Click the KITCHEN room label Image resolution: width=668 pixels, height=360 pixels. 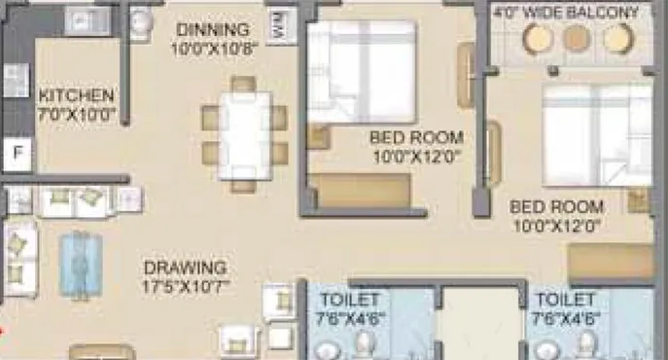[x=77, y=96]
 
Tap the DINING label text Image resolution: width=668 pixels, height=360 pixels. [x=213, y=29]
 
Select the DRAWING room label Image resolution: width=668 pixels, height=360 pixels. [x=185, y=267]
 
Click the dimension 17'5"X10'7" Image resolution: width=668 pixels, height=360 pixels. [x=185, y=286]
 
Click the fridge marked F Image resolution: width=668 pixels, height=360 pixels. [x=17, y=152]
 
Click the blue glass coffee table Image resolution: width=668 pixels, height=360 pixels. [x=78, y=263]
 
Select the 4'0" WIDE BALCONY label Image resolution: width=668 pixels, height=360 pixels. [x=567, y=13]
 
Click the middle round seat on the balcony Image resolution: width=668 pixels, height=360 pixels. [x=577, y=39]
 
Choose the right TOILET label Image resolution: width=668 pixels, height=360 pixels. [x=565, y=299]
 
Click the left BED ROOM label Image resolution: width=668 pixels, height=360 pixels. [x=416, y=138]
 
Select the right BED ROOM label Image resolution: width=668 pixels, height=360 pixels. [x=557, y=207]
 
